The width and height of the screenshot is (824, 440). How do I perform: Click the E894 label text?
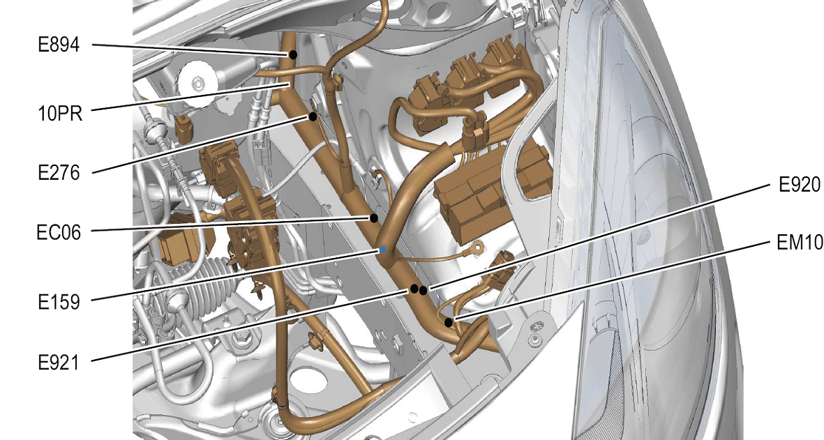pos(59,45)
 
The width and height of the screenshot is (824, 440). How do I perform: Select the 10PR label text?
pos(61,113)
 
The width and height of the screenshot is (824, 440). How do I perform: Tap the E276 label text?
pos(59,173)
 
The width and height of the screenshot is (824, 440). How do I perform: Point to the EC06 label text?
pos(59,232)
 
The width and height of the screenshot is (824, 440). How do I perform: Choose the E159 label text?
pos(59,302)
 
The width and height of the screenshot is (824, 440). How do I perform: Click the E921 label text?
pos(59,363)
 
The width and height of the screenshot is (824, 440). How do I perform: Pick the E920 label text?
pos(800,185)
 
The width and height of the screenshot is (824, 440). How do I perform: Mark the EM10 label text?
pos(800,243)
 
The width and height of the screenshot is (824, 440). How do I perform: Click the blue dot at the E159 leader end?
pos(383,250)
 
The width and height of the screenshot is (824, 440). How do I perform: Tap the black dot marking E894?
pos(293,54)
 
